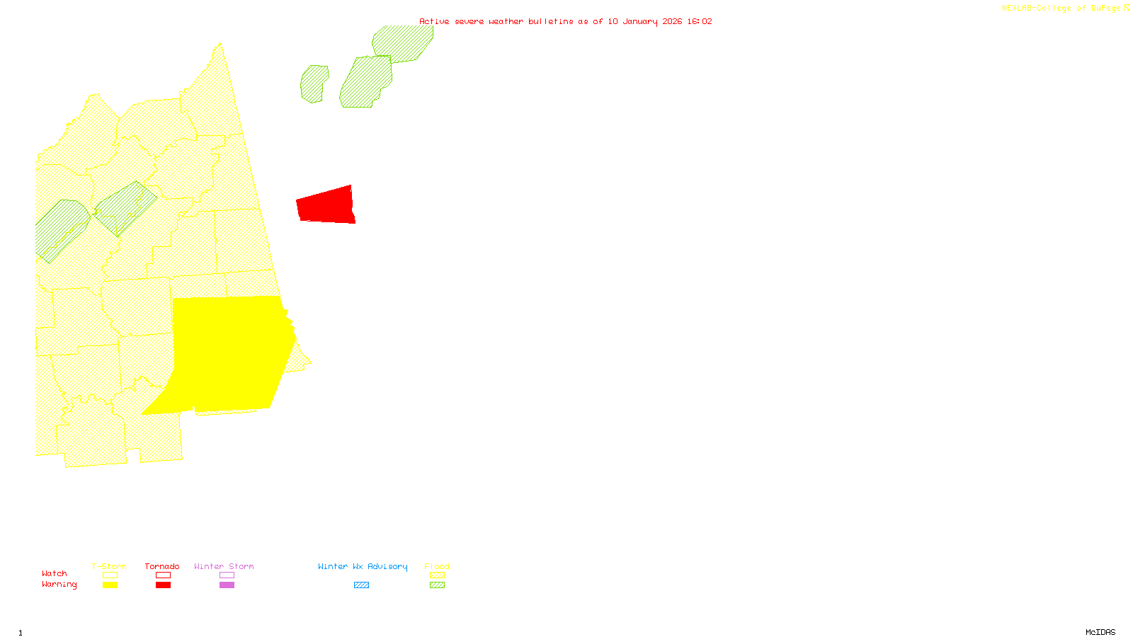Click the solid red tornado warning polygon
[326, 206]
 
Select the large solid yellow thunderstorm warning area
[227, 354]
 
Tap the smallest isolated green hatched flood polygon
[314, 84]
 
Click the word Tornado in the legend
[162, 566]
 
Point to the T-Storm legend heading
[109, 566]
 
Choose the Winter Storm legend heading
[224, 566]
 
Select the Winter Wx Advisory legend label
[363, 566]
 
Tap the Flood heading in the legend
[437, 566]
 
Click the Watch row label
[55, 573]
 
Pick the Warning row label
[59, 585]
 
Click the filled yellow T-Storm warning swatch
[110, 585]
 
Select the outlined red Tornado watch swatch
[163, 575]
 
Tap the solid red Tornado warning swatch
[163, 585]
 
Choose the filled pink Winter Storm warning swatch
[227, 585]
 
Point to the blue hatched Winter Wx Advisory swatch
[361, 585]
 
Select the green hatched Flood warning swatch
[438, 585]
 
